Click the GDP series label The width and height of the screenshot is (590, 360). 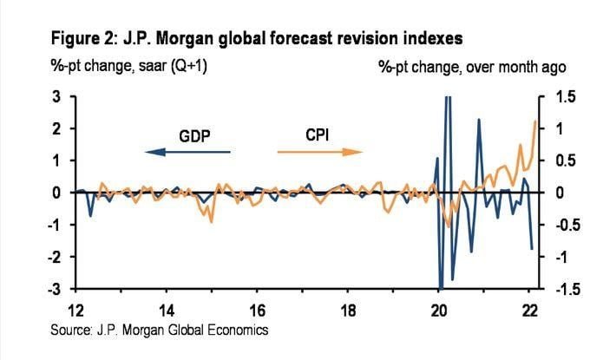[x=195, y=136]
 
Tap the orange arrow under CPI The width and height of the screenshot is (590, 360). [x=318, y=152]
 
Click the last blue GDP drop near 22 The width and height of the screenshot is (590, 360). [x=532, y=249]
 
